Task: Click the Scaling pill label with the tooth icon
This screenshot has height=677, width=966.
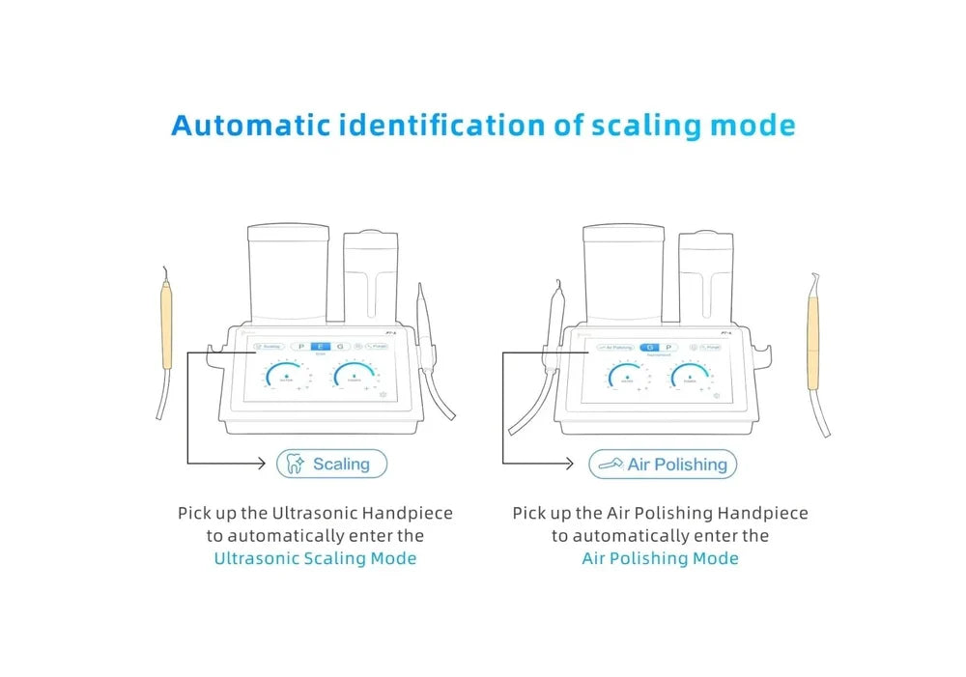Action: pos(331,465)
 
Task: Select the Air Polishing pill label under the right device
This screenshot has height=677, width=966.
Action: pos(663,465)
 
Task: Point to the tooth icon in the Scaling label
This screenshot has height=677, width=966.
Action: pos(296,465)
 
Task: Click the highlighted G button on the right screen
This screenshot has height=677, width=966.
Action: pos(650,346)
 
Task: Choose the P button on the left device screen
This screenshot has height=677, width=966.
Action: pos(301,346)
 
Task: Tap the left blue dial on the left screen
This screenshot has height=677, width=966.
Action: pos(286,378)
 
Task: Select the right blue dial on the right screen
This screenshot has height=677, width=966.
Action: pos(690,378)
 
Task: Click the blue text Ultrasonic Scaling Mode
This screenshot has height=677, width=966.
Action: pos(315,558)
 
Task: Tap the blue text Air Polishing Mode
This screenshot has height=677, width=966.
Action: pos(660,558)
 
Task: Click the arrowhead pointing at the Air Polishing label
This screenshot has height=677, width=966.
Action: pos(577,465)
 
